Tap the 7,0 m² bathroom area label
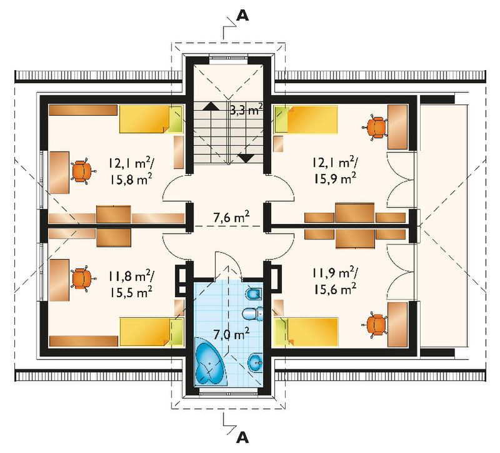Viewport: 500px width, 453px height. pyautogui.click(x=231, y=335)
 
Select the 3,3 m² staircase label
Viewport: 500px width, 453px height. pyautogui.click(x=246, y=110)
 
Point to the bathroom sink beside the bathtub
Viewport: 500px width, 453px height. pyautogui.click(x=255, y=363)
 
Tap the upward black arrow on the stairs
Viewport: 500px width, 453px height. pyautogui.click(x=211, y=106)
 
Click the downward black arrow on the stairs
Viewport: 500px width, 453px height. pyautogui.click(x=246, y=158)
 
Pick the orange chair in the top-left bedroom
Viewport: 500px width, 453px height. pyautogui.click(x=82, y=171)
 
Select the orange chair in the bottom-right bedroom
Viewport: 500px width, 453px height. pyautogui.click(x=376, y=325)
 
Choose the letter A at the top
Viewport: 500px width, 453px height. pyautogui.click(x=243, y=15)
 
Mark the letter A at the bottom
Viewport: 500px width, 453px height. pyautogui.click(x=243, y=437)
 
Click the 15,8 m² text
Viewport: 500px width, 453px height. pyautogui.click(x=131, y=180)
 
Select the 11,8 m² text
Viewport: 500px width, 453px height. pyautogui.click(x=131, y=275)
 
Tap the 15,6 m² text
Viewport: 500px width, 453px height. pyautogui.click(x=335, y=290)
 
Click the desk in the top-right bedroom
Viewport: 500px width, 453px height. pyautogui.click(x=397, y=127)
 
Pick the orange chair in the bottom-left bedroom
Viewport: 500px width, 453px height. pyautogui.click(x=82, y=279)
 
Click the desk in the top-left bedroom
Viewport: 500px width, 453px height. pyautogui.click(x=59, y=173)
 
